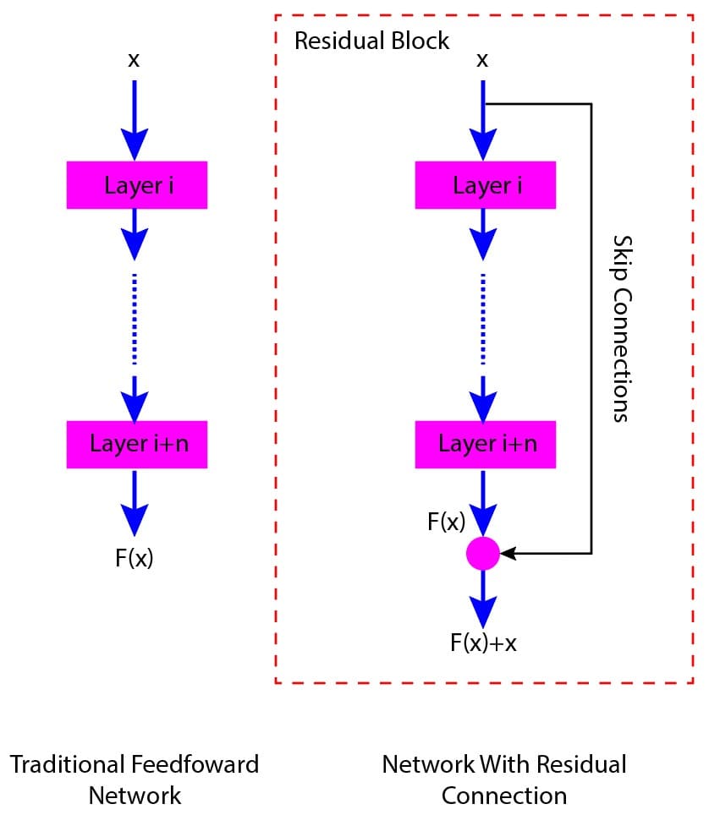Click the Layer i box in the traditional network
[136, 185]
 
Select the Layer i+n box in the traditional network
[136, 444]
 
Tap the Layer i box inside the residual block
[485, 185]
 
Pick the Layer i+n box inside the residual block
[485, 444]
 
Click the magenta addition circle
[483, 554]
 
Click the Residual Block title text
[371, 41]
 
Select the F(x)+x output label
[483, 643]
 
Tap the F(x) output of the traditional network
[135, 558]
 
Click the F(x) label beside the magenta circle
[446, 522]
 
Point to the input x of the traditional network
[134, 60]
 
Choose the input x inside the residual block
[482, 60]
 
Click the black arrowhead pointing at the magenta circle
[508, 554]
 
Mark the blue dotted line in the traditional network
[135, 320]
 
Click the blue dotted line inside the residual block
[483, 320]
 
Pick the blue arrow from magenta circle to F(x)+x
[483, 597]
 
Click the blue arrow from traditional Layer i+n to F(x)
[135, 502]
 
